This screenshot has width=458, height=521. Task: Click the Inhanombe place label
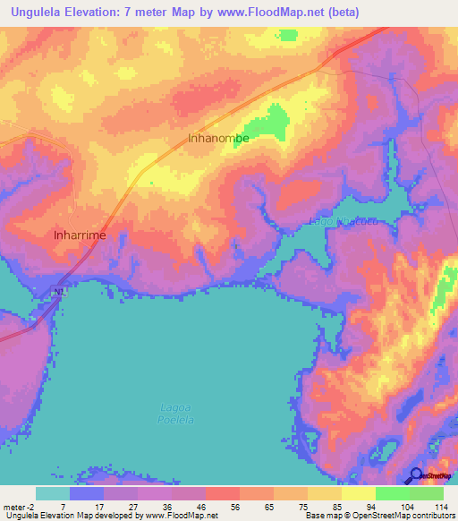pos(218,139)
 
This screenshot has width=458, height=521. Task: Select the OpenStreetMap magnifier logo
pos(416,475)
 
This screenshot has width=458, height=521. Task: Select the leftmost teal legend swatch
pos(53,493)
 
